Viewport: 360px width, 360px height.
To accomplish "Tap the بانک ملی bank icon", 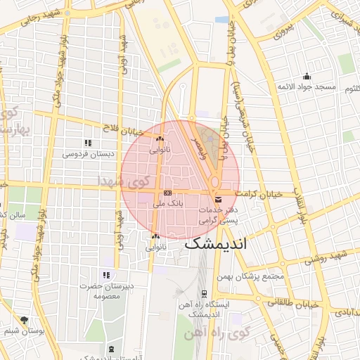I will pyautogui.click(x=167, y=193).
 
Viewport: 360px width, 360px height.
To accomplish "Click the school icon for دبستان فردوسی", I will pyautogui.click(x=87, y=143).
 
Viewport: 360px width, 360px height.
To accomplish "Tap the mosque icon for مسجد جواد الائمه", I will pyautogui.click(x=306, y=77).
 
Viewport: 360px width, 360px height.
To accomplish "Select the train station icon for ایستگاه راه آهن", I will pyautogui.click(x=204, y=293).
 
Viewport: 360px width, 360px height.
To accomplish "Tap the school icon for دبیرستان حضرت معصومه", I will pyautogui.click(x=106, y=275).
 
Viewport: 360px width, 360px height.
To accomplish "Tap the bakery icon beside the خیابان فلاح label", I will pyautogui.click(x=160, y=139).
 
